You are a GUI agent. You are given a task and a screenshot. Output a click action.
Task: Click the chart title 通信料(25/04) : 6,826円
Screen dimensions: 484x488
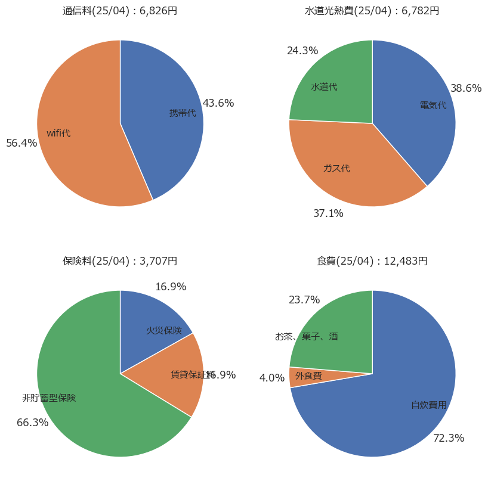point(120,11)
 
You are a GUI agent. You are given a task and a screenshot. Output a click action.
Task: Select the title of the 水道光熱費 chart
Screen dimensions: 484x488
point(372,11)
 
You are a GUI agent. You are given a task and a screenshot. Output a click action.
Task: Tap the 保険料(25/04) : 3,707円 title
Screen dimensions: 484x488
point(120,261)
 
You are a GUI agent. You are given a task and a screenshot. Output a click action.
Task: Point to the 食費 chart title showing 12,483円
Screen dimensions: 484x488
point(372,261)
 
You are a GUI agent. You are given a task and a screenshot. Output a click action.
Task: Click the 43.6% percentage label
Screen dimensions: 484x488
point(218,103)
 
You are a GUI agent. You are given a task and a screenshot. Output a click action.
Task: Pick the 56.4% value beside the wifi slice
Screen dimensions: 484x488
point(21,143)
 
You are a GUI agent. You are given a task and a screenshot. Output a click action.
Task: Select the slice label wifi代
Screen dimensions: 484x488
point(58,133)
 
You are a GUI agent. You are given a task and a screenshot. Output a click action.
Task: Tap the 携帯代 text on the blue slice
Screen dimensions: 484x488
point(183,113)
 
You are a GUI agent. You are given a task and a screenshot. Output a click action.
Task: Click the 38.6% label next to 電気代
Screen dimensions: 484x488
point(466,88)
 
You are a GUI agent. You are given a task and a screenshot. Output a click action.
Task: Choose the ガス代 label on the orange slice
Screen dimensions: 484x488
point(336,168)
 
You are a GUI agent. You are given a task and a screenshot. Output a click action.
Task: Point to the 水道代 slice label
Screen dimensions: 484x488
point(324,87)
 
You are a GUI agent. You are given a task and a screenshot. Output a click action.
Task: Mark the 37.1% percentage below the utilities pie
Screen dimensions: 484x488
point(328,213)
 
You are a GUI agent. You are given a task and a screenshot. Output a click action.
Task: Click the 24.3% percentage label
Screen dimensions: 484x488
point(302,51)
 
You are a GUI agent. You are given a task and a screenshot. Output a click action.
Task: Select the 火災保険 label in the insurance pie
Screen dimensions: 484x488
point(164,330)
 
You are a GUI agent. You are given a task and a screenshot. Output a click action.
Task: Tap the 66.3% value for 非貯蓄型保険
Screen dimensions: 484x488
point(32,423)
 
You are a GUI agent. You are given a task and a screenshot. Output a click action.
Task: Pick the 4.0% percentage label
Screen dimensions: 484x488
point(271,378)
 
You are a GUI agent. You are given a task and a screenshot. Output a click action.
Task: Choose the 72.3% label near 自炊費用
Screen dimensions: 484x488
point(449,438)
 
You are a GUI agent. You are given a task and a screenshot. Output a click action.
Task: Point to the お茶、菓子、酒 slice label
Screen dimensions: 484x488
point(307,336)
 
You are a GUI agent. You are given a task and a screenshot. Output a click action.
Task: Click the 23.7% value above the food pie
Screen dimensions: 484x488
point(304,300)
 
